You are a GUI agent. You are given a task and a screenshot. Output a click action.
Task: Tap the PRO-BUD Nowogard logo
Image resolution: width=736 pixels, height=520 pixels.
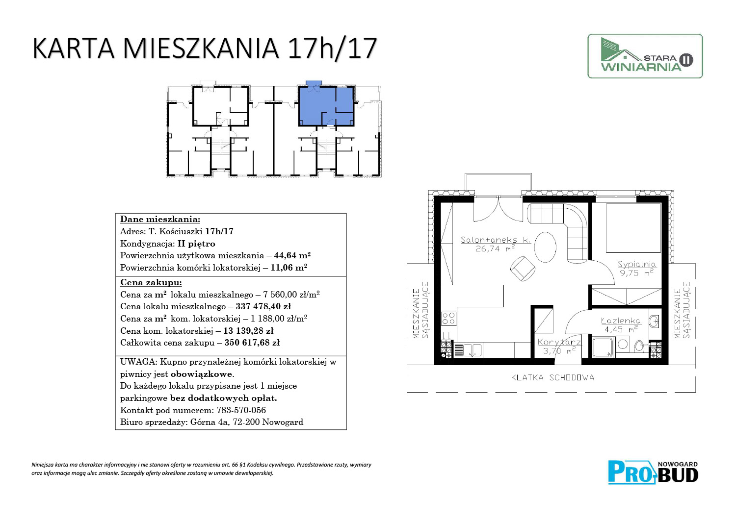click(653, 472)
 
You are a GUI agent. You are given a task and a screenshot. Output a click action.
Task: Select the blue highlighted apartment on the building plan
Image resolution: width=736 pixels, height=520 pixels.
click(326, 104)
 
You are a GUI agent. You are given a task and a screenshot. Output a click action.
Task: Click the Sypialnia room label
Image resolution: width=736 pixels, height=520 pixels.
click(636, 264)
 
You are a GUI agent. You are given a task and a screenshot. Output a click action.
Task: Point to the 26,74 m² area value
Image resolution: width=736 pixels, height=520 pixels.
click(495, 249)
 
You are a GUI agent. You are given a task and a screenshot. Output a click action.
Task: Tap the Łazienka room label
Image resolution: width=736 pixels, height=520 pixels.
click(621, 321)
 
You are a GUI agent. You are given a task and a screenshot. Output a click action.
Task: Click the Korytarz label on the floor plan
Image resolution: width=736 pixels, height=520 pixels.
click(559, 342)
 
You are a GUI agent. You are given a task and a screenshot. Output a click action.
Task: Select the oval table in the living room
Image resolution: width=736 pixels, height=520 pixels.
click(545, 247)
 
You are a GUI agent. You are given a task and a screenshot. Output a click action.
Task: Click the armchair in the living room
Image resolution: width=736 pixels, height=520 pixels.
click(522, 269)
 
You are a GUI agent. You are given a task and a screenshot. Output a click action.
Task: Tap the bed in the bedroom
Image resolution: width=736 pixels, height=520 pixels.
click(633, 228)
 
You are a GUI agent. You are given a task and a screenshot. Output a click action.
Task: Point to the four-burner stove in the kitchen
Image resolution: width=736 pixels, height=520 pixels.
click(448, 318)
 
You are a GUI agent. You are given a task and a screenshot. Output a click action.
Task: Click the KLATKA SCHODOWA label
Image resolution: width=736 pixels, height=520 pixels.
click(552, 378)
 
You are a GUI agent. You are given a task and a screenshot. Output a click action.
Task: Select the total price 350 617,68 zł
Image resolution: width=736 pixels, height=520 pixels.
click(252, 343)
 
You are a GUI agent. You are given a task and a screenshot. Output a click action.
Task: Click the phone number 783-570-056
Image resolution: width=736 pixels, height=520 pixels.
click(241, 410)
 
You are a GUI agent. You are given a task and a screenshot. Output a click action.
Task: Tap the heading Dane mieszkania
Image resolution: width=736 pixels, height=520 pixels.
click(160, 219)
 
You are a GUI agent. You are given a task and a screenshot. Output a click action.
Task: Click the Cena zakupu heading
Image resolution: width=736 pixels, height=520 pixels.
click(151, 283)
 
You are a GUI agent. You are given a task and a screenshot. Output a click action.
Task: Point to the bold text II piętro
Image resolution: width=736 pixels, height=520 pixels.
click(196, 244)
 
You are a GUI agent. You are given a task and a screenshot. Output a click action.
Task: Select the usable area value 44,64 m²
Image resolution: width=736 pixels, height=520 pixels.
click(292, 255)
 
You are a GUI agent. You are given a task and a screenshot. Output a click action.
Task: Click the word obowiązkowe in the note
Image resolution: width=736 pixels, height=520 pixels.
click(202, 374)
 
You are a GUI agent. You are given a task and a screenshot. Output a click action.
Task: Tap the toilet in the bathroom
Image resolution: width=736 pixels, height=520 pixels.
click(639, 346)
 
